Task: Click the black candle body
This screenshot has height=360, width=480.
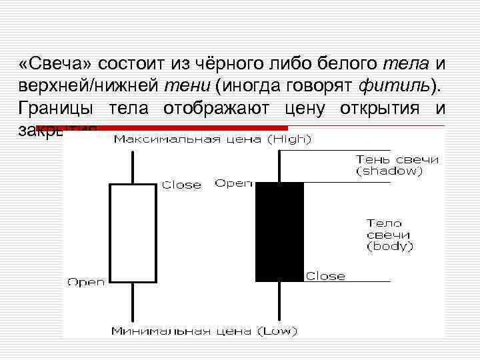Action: [x=279, y=231]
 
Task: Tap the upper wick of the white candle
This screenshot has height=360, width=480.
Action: [x=133, y=167]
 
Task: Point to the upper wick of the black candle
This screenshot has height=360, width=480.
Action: [x=279, y=165]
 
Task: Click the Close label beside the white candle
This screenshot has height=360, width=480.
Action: [x=182, y=185]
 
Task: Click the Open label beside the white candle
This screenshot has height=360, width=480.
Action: [x=86, y=282]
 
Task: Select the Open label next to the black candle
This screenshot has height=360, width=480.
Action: [x=233, y=183]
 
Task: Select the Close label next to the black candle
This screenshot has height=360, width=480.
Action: [x=325, y=276]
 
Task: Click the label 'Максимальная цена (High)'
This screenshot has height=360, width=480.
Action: [x=212, y=140]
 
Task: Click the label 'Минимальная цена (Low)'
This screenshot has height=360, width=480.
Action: [x=205, y=331]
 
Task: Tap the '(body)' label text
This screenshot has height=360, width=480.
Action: [x=390, y=247]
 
